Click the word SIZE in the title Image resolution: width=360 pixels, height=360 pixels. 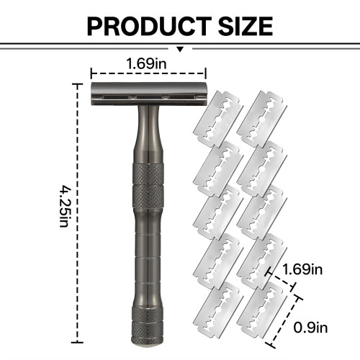pyautogui.click(x=246, y=27)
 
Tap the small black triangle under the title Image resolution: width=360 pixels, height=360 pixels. pyautogui.click(x=180, y=49)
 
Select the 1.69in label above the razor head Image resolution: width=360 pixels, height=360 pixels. pyautogui.click(x=146, y=63)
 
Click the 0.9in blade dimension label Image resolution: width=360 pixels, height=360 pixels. pyautogui.click(x=310, y=328)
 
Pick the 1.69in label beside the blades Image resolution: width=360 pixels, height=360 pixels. pyautogui.click(x=302, y=269)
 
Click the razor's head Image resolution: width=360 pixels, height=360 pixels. pyautogui.click(x=148, y=94)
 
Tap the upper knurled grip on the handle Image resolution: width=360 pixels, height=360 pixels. pyautogui.click(x=148, y=186)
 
